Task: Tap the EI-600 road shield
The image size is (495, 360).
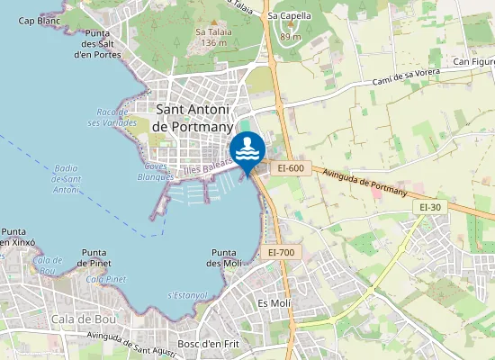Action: click(x=292, y=167)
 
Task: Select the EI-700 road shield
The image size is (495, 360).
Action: click(x=281, y=253)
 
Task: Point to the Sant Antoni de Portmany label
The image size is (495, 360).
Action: click(x=194, y=118)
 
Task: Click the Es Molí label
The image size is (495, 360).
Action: click(x=274, y=303)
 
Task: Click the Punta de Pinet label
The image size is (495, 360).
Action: click(x=94, y=257)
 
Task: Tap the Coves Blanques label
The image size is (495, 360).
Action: click(x=155, y=172)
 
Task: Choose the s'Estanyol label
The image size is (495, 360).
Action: click(x=187, y=295)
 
